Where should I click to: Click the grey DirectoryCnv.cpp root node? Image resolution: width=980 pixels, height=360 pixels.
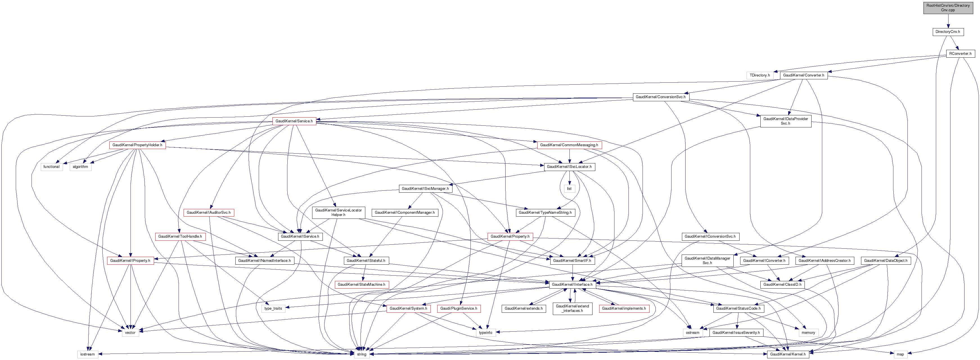[x=948, y=8]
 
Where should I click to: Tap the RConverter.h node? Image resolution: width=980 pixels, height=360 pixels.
[x=960, y=54]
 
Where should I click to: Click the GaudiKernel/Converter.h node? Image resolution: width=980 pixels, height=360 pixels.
[x=803, y=75]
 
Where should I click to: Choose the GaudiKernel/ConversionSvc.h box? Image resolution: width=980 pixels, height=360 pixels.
[x=661, y=97]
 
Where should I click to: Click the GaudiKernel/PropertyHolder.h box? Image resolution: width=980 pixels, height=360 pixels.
[x=137, y=145]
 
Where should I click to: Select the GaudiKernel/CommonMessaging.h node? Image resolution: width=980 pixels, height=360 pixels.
[x=569, y=145]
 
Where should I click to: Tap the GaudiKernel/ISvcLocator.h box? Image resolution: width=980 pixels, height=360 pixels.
[x=569, y=167]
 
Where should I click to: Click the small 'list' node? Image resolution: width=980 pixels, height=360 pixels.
[x=569, y=189]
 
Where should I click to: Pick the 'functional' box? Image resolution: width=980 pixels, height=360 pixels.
[x=51, y=167]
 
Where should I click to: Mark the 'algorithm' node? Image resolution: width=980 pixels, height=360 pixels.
[x=80, y=167]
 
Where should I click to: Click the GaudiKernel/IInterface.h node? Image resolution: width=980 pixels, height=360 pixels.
[x=572, y=285]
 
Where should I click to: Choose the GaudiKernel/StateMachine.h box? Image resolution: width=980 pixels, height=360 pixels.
[x=361, y=285]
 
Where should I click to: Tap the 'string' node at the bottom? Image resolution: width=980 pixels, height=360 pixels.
[x=361, y=354]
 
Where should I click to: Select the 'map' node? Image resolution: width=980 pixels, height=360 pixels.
[x=900, y=354]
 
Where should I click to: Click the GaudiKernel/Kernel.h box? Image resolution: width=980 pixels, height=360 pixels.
[x=787, y=354]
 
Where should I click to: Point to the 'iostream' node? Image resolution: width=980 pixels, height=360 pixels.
[x=87, y=354]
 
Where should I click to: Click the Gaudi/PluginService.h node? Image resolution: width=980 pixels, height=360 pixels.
[x=458, y=309]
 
